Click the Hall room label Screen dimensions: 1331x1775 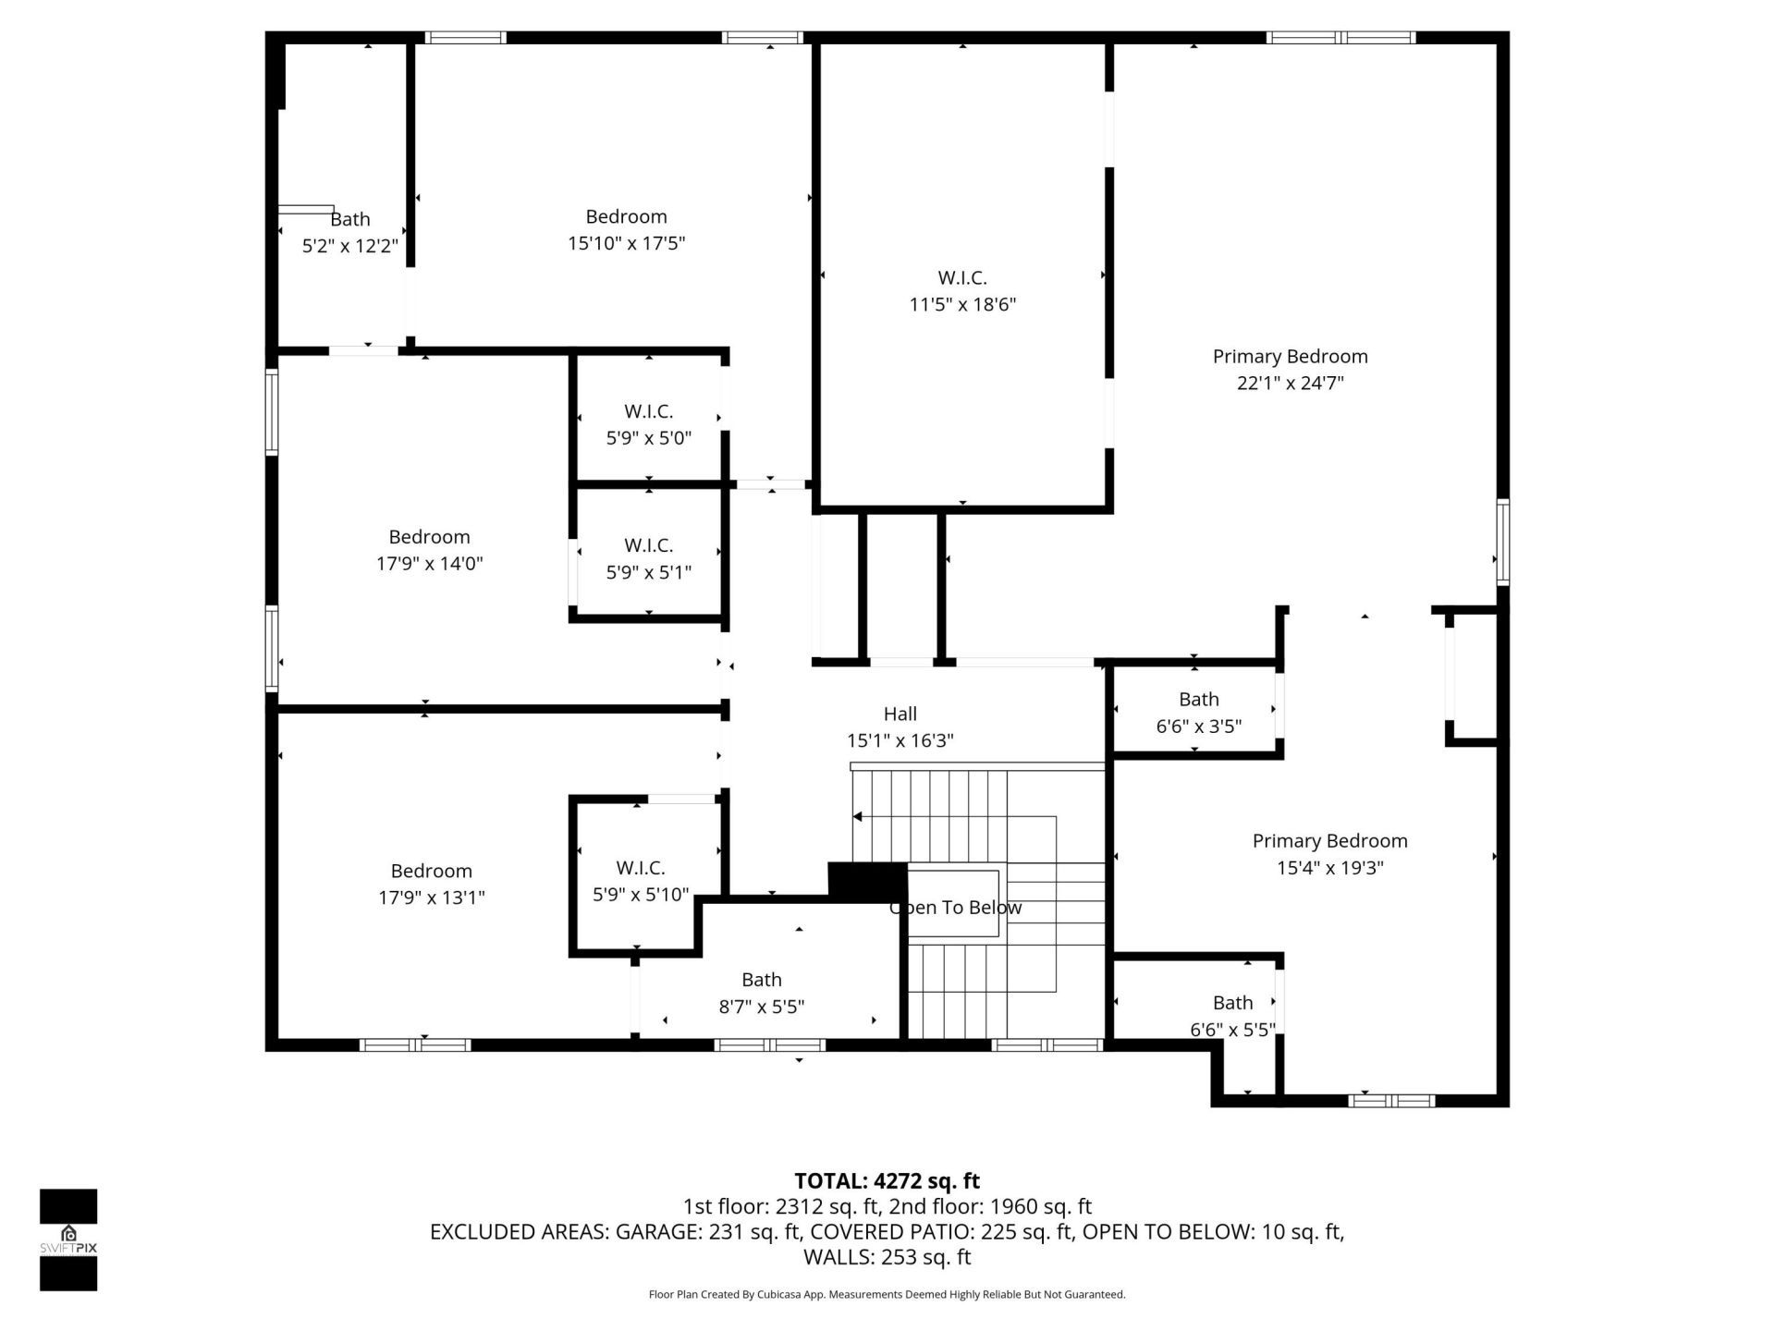point(900,714)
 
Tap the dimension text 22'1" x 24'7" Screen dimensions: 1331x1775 point(1290,383)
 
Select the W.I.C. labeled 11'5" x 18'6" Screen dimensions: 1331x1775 point(962,290)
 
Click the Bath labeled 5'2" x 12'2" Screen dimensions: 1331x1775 point(349,232)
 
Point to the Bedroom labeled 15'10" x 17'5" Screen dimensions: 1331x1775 point(626,229)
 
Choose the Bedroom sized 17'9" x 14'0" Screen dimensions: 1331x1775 point(429,550)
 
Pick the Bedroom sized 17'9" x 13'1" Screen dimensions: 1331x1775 point(431,884)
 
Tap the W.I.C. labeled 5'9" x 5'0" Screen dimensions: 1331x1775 point(648,424)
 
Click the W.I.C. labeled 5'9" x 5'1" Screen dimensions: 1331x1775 point(648,558)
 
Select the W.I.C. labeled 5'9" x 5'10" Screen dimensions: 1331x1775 point(641,881)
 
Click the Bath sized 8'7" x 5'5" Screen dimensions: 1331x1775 point(761,993)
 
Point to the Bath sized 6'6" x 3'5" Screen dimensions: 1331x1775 point(1198,713)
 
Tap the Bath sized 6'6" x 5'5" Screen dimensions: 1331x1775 point(1232,1016)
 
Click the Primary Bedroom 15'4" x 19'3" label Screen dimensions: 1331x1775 point(1329,854)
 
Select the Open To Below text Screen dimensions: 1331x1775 point(955,908)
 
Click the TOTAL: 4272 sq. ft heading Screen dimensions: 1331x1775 point(887,1180)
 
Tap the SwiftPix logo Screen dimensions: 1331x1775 point(68,1238)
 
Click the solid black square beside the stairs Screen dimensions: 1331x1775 point(866,879)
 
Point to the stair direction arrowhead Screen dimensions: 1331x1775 point(858,816)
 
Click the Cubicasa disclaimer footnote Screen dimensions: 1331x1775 point(887,1294)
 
